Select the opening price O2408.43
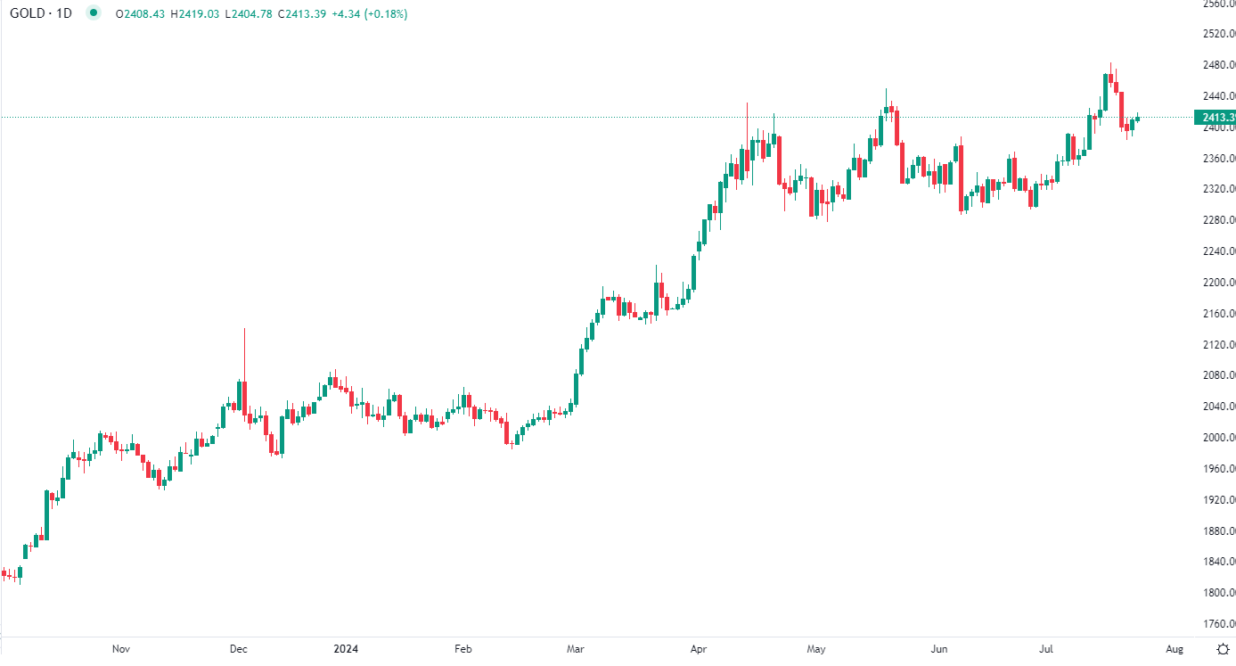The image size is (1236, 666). coord(142,14)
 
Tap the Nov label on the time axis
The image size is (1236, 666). coord(122,649)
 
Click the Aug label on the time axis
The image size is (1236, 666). coord(1175,649)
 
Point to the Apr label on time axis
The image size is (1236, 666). coord(699,649)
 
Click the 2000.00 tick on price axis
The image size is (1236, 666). coord(1217,438)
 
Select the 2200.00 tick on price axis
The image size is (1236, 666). coord(1217,283)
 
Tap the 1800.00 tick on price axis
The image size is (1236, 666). coord(1217,593)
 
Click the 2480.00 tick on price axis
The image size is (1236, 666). coord(1217,65)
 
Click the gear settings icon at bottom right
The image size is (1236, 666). coord(1223,649)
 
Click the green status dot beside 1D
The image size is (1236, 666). coord(94,13)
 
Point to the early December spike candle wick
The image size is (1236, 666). coord(244,352)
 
